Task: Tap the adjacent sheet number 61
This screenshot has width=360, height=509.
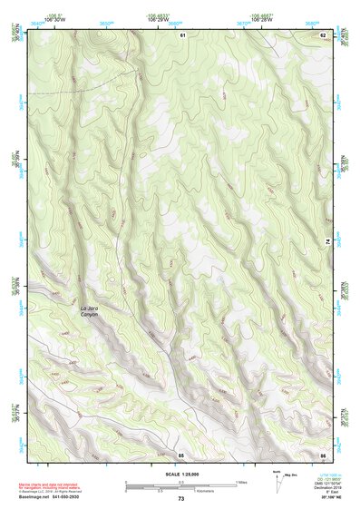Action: click(x=182, y=34)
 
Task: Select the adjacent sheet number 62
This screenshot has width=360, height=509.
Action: click(x=323, y=34)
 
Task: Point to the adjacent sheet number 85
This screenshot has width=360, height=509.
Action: click(x=181, y=454)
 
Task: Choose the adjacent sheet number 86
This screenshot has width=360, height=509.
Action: click(x=323, y=454)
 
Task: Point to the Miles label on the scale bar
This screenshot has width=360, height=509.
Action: click(x=242, y=482)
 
